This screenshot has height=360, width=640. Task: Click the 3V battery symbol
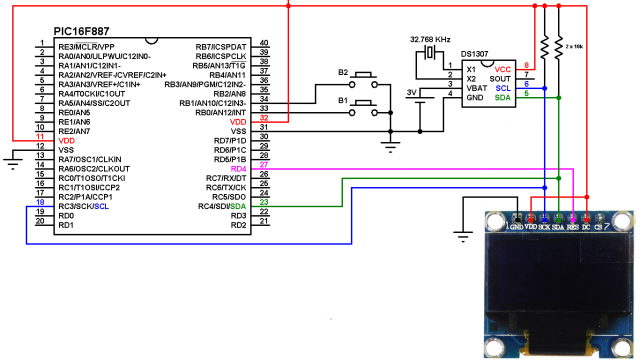click(x=421, y=99)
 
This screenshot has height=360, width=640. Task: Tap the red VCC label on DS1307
click(x=502, y=66)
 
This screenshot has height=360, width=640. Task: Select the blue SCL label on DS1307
click(x=504, y=87)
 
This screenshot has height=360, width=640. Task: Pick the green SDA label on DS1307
click(x=503, y=97)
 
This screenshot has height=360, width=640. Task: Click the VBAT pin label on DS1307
click(x=479, y=87)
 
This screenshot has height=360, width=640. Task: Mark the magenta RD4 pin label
click(x=237, y=169)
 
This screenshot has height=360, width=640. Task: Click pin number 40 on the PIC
click(x=263, y=45)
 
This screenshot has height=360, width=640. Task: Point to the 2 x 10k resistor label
click(x=577, y=46)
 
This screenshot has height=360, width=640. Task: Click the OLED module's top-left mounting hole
click(x=496, y=219)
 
